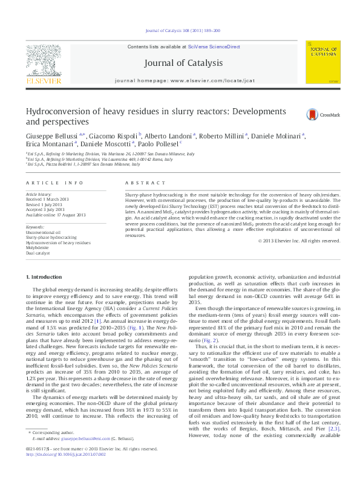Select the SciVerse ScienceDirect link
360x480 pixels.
(x=214, y=47)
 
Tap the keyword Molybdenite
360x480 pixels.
(x=38, y=247)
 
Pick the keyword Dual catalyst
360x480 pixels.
(x=39, y=252)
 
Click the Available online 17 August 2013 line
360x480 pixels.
(x=56, y=215)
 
